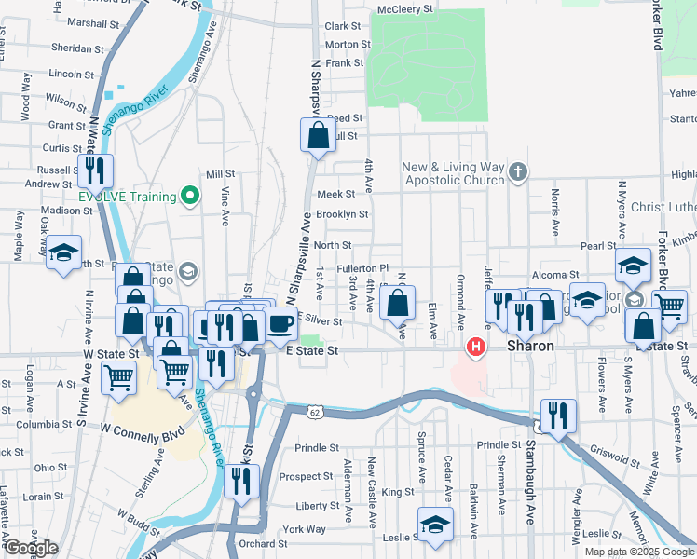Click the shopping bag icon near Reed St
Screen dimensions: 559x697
point(318,136)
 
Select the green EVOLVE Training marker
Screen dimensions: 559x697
point(190,196)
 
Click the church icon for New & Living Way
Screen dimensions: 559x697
point(519,172)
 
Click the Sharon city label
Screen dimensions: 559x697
point(531,346)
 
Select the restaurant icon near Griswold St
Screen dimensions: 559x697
point(558,416)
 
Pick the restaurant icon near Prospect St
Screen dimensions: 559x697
point(242,481)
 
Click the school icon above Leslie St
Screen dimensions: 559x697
point(435,524)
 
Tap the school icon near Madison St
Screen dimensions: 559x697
point(64,252)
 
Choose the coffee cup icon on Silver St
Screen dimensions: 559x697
point(280,323)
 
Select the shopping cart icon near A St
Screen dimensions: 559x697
point(119,377)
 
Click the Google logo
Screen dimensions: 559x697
point(31,548)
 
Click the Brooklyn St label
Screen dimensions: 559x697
point(342,214)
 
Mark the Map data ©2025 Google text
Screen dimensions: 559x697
point(638,552)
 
